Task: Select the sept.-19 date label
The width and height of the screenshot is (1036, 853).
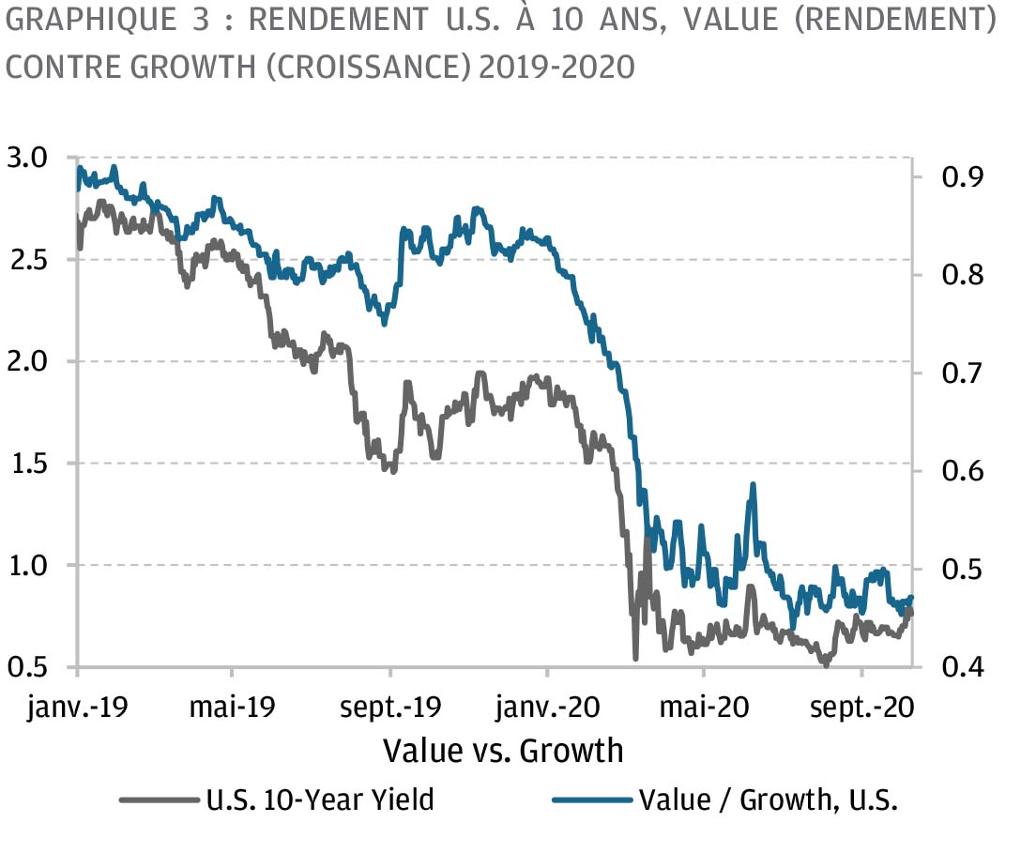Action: [389, 708]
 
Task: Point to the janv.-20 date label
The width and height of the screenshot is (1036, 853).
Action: [547, 708]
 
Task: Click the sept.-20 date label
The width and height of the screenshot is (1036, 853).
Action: [862, 708]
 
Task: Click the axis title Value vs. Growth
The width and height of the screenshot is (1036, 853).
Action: [503, 751]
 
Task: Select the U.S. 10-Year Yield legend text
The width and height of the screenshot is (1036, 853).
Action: [320, 800]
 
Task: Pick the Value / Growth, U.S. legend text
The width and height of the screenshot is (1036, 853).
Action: [768, 800]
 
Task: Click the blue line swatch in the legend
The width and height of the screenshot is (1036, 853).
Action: [592, 800]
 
